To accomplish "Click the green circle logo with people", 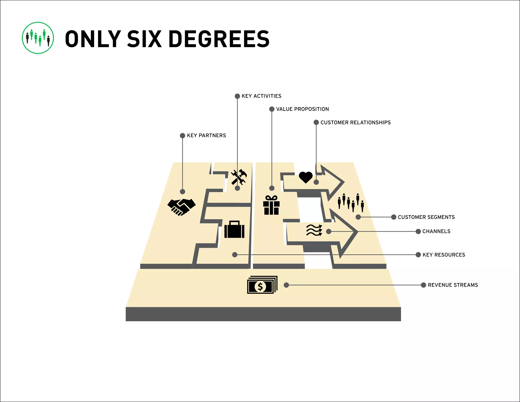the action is coord(38,38).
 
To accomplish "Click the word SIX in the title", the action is coord(144,39).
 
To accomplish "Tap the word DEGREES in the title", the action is coord(219,39).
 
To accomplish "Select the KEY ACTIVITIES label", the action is coord(261,96).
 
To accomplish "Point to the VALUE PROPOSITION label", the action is coord(302,109).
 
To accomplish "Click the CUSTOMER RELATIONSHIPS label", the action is coord(355,122).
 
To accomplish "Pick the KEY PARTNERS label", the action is coord(206,135).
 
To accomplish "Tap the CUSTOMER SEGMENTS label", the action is coord(426,217).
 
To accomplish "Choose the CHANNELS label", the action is coord(436,231).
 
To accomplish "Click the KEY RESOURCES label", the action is coord(444,255).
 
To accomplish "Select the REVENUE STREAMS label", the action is coord(453,285).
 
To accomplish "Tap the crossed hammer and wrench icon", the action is coord(239,177).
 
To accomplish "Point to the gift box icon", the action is coord(271,205).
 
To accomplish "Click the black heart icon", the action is coord(306,177).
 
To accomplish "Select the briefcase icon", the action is coord(234,229).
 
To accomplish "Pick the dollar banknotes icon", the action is coord(262,285).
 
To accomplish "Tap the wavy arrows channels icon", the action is coord(314,230).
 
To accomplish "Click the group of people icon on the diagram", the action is coord(351,203).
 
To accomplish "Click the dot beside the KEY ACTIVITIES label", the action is coord(237,96).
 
